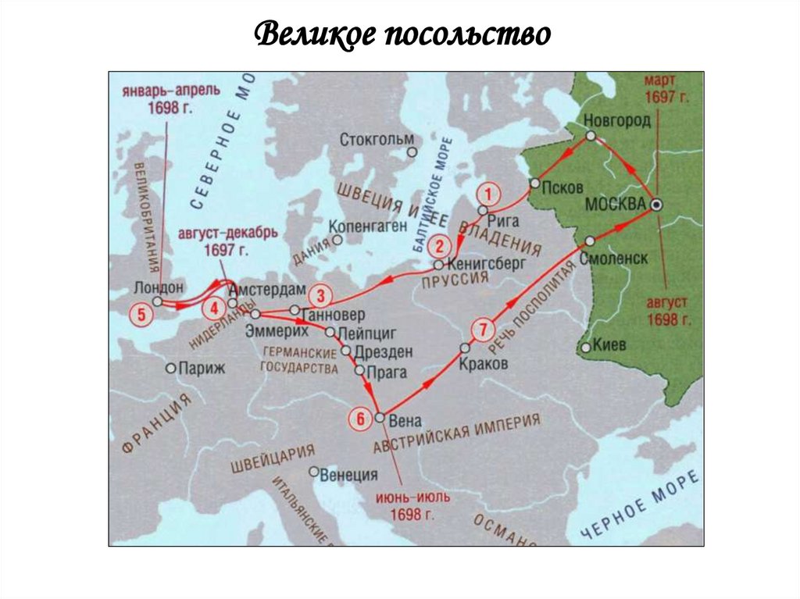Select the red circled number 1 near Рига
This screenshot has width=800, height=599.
pos(487,193)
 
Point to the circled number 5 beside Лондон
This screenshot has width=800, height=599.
pos(141,316)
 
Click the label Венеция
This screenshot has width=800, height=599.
pos(348,474)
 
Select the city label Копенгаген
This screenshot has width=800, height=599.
pos(368,226)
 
